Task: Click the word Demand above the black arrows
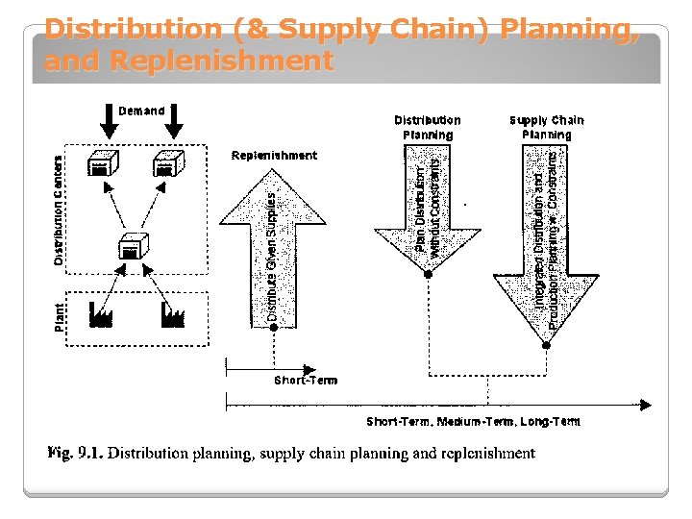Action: pos(142,111)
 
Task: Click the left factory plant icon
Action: pos(101,315)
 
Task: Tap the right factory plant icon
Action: pos(172,315)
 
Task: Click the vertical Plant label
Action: pos(60,316)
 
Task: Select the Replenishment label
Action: pos(274,156)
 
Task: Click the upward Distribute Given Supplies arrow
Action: pos(273,250)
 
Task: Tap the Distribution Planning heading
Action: pos(428,127)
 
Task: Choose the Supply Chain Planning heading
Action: pos(546,127)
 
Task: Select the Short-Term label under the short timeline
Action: pos(306,381)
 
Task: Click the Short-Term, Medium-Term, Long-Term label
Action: pos(473,422)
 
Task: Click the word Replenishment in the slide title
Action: pos(221,62)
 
